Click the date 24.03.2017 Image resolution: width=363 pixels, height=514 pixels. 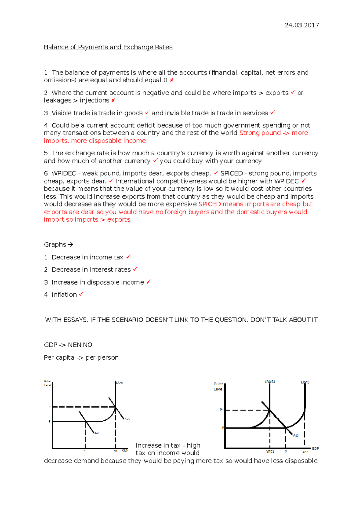[x=302, y=25]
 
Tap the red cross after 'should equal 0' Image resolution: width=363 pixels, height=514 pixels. [x=172, y=80]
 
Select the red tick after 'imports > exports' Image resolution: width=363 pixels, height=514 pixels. [x=293, y=93]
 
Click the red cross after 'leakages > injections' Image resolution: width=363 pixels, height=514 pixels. [x=113, y=100]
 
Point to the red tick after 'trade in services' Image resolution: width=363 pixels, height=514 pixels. [x=272, y=113]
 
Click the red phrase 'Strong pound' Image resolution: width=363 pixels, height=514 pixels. [x=260, y=133]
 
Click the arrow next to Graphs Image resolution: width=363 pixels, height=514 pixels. [x=70, y=245]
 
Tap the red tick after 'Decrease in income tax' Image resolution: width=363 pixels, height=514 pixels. [x=128, y=257]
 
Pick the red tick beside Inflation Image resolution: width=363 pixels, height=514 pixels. [x=81, y=294]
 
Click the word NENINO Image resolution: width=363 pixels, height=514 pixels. [x=80, y=345]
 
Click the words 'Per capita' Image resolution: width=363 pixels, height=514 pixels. [x=59, y=357]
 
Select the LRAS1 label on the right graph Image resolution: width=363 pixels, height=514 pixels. [x=270, y=382]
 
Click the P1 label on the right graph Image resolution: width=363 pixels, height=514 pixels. [x=221, y=410]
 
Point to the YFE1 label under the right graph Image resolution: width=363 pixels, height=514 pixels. [x=270, y=452]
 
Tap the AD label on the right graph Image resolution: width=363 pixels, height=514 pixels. [x=296, y=436]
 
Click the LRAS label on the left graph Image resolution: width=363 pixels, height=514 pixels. [x=119, y=383]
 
